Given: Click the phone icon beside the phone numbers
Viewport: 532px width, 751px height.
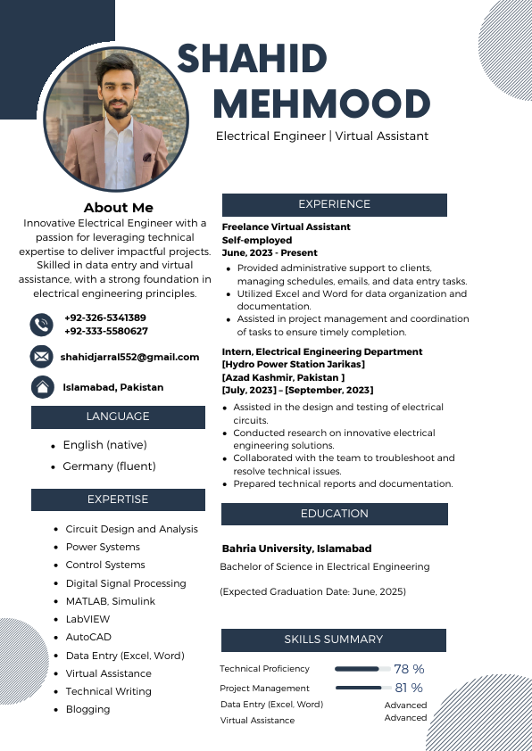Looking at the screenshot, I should click(x=41, y=324).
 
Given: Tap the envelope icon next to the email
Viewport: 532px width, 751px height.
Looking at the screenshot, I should click(x=41, y=357).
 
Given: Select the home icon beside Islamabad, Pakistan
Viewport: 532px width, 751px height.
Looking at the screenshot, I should click(x=41, y=387).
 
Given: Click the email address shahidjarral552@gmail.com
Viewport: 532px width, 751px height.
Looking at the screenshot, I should click(x=130, y=357).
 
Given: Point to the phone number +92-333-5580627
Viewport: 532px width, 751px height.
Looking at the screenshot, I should click(x=106, y=331).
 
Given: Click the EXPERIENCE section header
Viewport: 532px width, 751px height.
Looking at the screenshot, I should click(x=334, y=204).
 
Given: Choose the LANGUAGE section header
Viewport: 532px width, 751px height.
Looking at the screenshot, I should click(x=118, y=417).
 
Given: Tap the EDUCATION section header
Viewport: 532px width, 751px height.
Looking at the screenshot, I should click(x=334, y=514).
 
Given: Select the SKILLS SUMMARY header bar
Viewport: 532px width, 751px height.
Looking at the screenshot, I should click(x=333, y=640).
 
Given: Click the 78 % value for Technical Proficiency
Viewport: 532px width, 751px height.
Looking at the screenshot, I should click(x=409, y=669).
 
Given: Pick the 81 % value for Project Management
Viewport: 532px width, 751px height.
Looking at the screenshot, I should click(x=409, y=688).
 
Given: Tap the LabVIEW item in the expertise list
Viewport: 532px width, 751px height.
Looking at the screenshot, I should click(x=87, y=619).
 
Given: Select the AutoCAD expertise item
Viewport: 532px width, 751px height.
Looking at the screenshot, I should click(x=88, y=637).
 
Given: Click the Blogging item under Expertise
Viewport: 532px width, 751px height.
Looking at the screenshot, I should click(x=87, y=709).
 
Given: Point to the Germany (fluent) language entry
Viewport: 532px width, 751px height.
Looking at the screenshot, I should click(x=109, y=466).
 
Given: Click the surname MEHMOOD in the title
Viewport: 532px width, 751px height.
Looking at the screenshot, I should click(x=321, y=104).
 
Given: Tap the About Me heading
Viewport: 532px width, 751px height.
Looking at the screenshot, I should click(x=119, y=208).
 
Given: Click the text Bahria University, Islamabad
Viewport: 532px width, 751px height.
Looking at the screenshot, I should click(x=296, y=549).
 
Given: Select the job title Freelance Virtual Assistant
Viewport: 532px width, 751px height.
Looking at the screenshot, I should click(x=286, y=227).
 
